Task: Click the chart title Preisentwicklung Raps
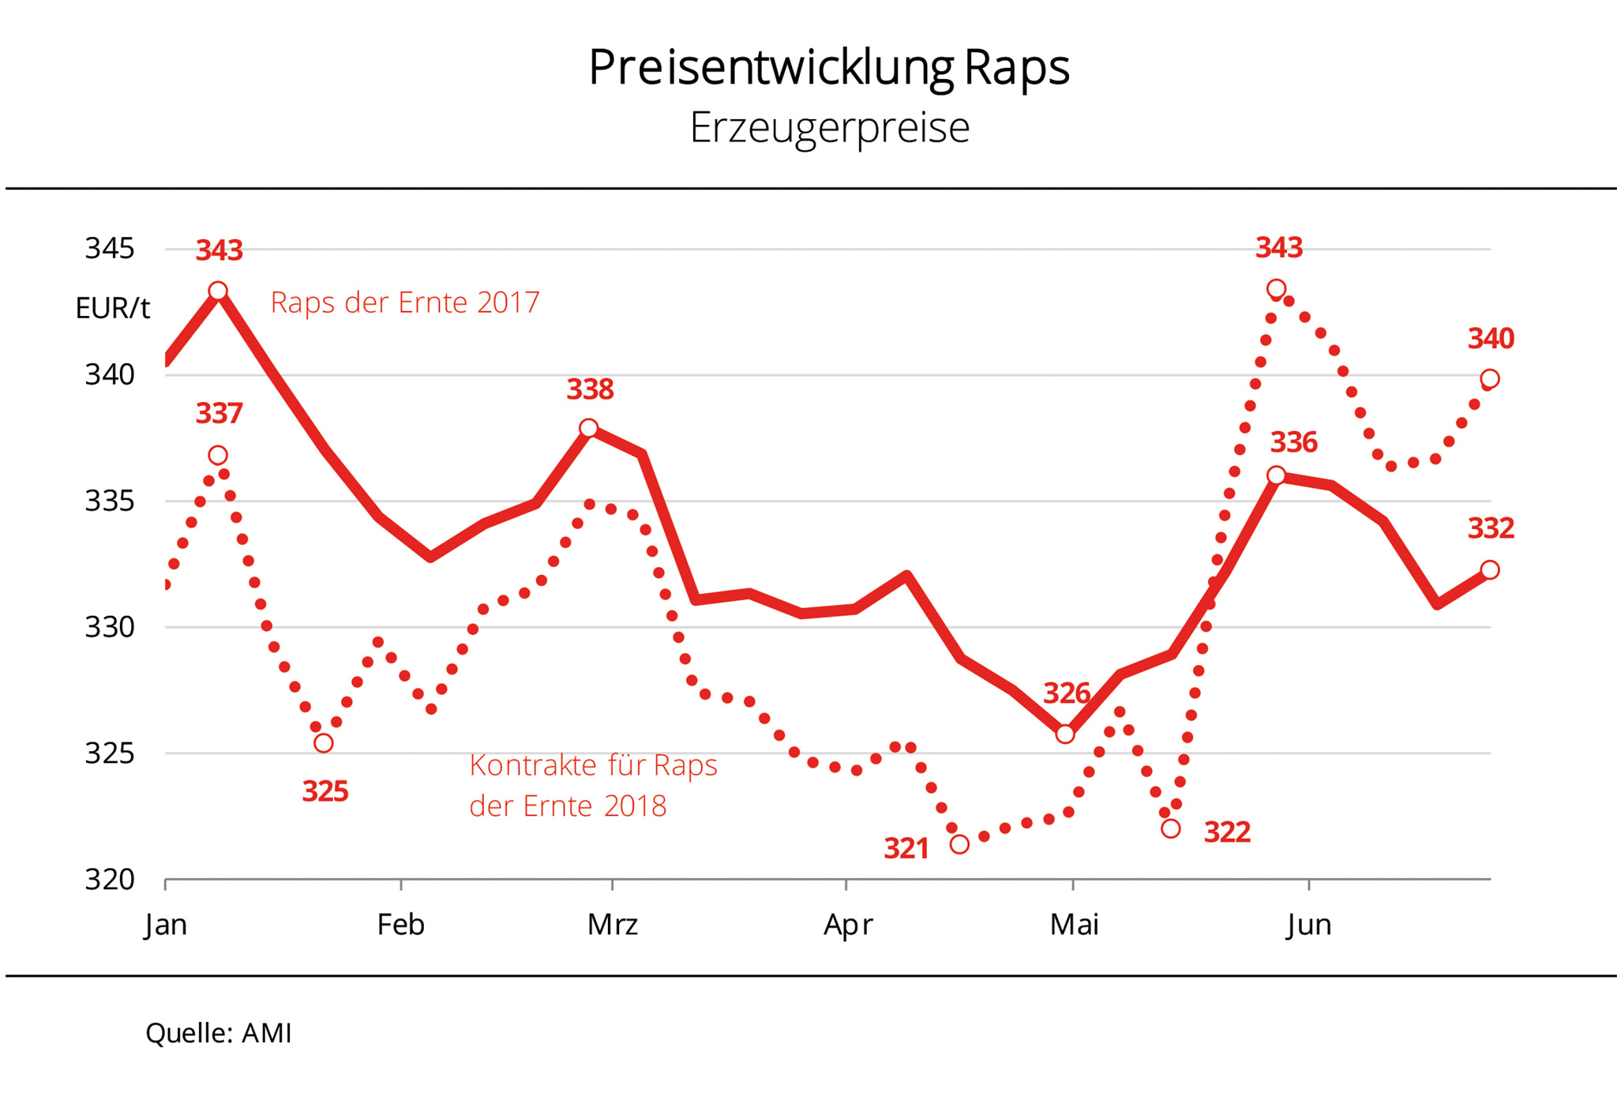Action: pyautogui.click(x=828, y=68)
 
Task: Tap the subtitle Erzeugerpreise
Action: pyautogui.click(x=829, y=128)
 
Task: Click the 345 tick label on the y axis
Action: pyautogui.click(x=110, y=249)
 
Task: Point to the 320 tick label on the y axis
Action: pyautogui.click(x=110, y=880)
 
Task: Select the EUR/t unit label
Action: pyautogui.click(x=112, y=308)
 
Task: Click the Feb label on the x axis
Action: pyautogui.click(x=400, y=925)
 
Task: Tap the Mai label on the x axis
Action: pyautogui.click(x=1074, y=925)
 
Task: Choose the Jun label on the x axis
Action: pyautogui.click(x=1308, y=925)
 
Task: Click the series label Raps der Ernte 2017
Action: pyautogui.click(x=405, y=302)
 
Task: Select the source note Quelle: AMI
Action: pyautogui.click(x=219, y=1033)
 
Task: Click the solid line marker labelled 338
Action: pyautogui.click(x=588, y=428)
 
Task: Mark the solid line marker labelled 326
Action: pyautogui.click(x=1065, y=734)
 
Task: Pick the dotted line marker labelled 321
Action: pyautogui.click(x=959, y=844)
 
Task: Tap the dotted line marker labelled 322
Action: pyautogui.click(x=1171, y=828)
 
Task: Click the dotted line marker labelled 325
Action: pyautogui.click(x=324, y=743)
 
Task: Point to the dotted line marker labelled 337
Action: pyautogui.click(x=218, y=455)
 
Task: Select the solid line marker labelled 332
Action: pyautogui.click(x=1490, y=569)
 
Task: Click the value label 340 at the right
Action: pyautogui.click(x=1491, y=339)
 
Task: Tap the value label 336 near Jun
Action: pyautogui.click(x=1293, y=442)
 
